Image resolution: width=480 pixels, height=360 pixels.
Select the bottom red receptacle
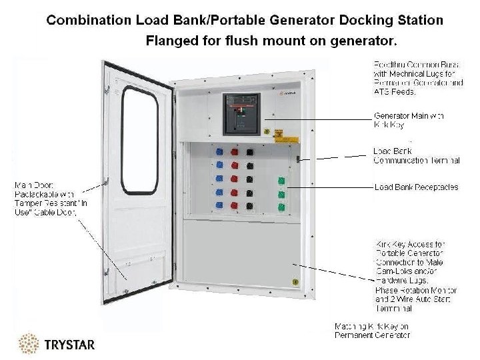(x=234, y=205)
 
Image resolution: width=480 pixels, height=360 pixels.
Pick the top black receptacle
(x=250, y=151)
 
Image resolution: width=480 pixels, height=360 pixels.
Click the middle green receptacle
(x=281, y=194)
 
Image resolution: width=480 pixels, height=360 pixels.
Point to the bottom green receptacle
(x=281, y=207)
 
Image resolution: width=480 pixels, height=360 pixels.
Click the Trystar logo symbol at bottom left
(x=28, y=344)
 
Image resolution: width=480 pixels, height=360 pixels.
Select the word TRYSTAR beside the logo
(x=69, y=345)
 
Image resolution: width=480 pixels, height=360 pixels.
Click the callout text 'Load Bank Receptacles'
(x=416, y=187)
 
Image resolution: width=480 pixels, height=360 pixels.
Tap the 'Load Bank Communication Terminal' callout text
(x=416, y=156)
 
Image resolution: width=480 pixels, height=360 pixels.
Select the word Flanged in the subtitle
(x=170, y=41)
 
